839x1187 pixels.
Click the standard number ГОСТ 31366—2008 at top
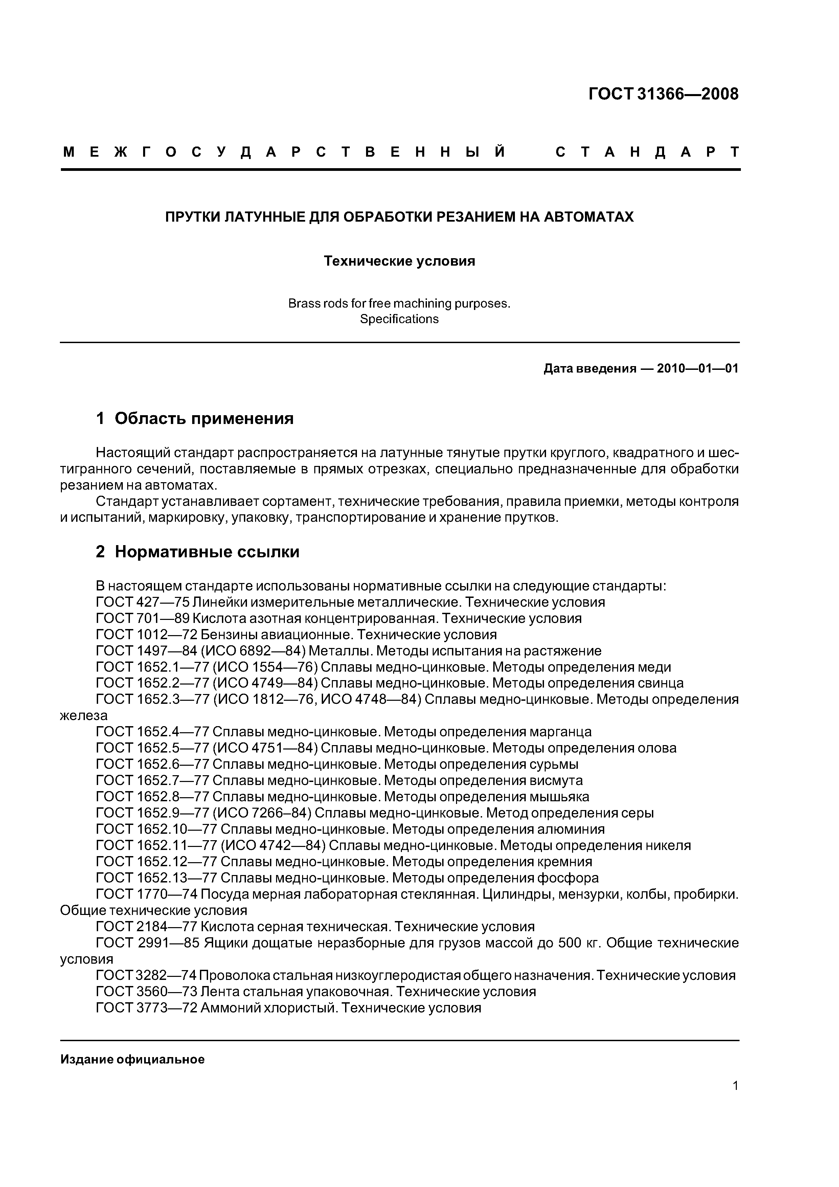663,94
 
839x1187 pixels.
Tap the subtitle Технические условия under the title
399,261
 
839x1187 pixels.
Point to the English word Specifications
399,319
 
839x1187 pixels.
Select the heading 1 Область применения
195,418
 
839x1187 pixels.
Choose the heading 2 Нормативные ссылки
198,552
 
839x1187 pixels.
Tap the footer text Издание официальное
132,1060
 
